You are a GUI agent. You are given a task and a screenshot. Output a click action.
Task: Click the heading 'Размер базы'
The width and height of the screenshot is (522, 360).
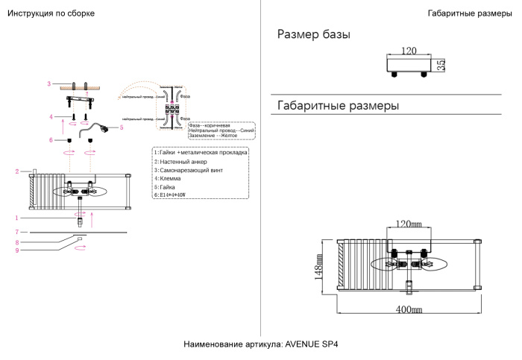coord(313,35)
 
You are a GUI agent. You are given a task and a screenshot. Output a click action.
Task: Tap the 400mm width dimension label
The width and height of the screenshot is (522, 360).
coord(408,309)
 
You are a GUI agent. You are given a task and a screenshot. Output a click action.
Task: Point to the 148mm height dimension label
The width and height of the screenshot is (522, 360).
coord(319,265)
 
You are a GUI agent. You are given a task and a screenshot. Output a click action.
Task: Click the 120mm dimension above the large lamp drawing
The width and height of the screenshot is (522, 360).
coord(408,224)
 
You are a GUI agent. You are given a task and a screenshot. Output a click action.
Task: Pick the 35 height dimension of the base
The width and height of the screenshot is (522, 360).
coord(441,66)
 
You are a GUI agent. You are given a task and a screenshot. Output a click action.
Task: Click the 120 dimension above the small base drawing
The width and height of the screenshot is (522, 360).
coord(408,51)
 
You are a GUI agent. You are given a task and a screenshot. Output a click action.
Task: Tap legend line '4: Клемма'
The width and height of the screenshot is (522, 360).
coord(169,178)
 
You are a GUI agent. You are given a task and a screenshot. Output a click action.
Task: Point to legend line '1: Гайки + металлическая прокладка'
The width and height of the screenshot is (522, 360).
coord(201,152)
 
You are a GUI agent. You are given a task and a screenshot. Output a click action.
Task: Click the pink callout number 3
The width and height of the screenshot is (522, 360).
coord(48,83)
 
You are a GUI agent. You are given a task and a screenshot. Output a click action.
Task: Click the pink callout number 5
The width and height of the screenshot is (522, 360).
coord(121,127)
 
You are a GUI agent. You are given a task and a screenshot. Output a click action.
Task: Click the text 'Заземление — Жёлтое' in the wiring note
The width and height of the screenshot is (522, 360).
coord(216,136)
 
